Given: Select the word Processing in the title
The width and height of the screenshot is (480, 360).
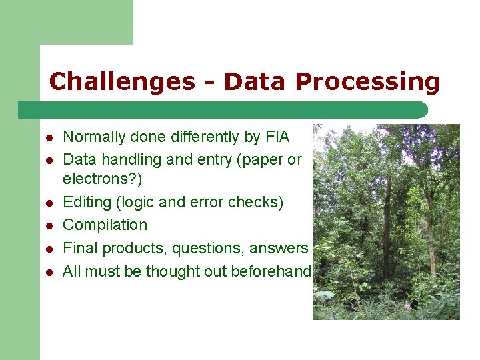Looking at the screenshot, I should pos(367,81).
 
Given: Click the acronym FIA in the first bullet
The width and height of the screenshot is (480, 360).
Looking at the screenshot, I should pos(277,137).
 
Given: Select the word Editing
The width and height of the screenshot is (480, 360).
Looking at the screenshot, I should pos(83,202).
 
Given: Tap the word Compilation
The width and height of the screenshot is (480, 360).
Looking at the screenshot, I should pos(105,225).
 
